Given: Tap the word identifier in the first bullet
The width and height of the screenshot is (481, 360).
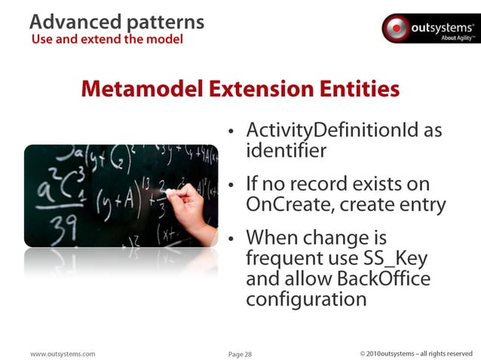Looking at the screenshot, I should [286, 151].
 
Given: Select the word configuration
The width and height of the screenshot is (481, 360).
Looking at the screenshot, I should [306, 299].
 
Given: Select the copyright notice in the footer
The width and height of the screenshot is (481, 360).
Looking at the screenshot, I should [416, 353].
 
